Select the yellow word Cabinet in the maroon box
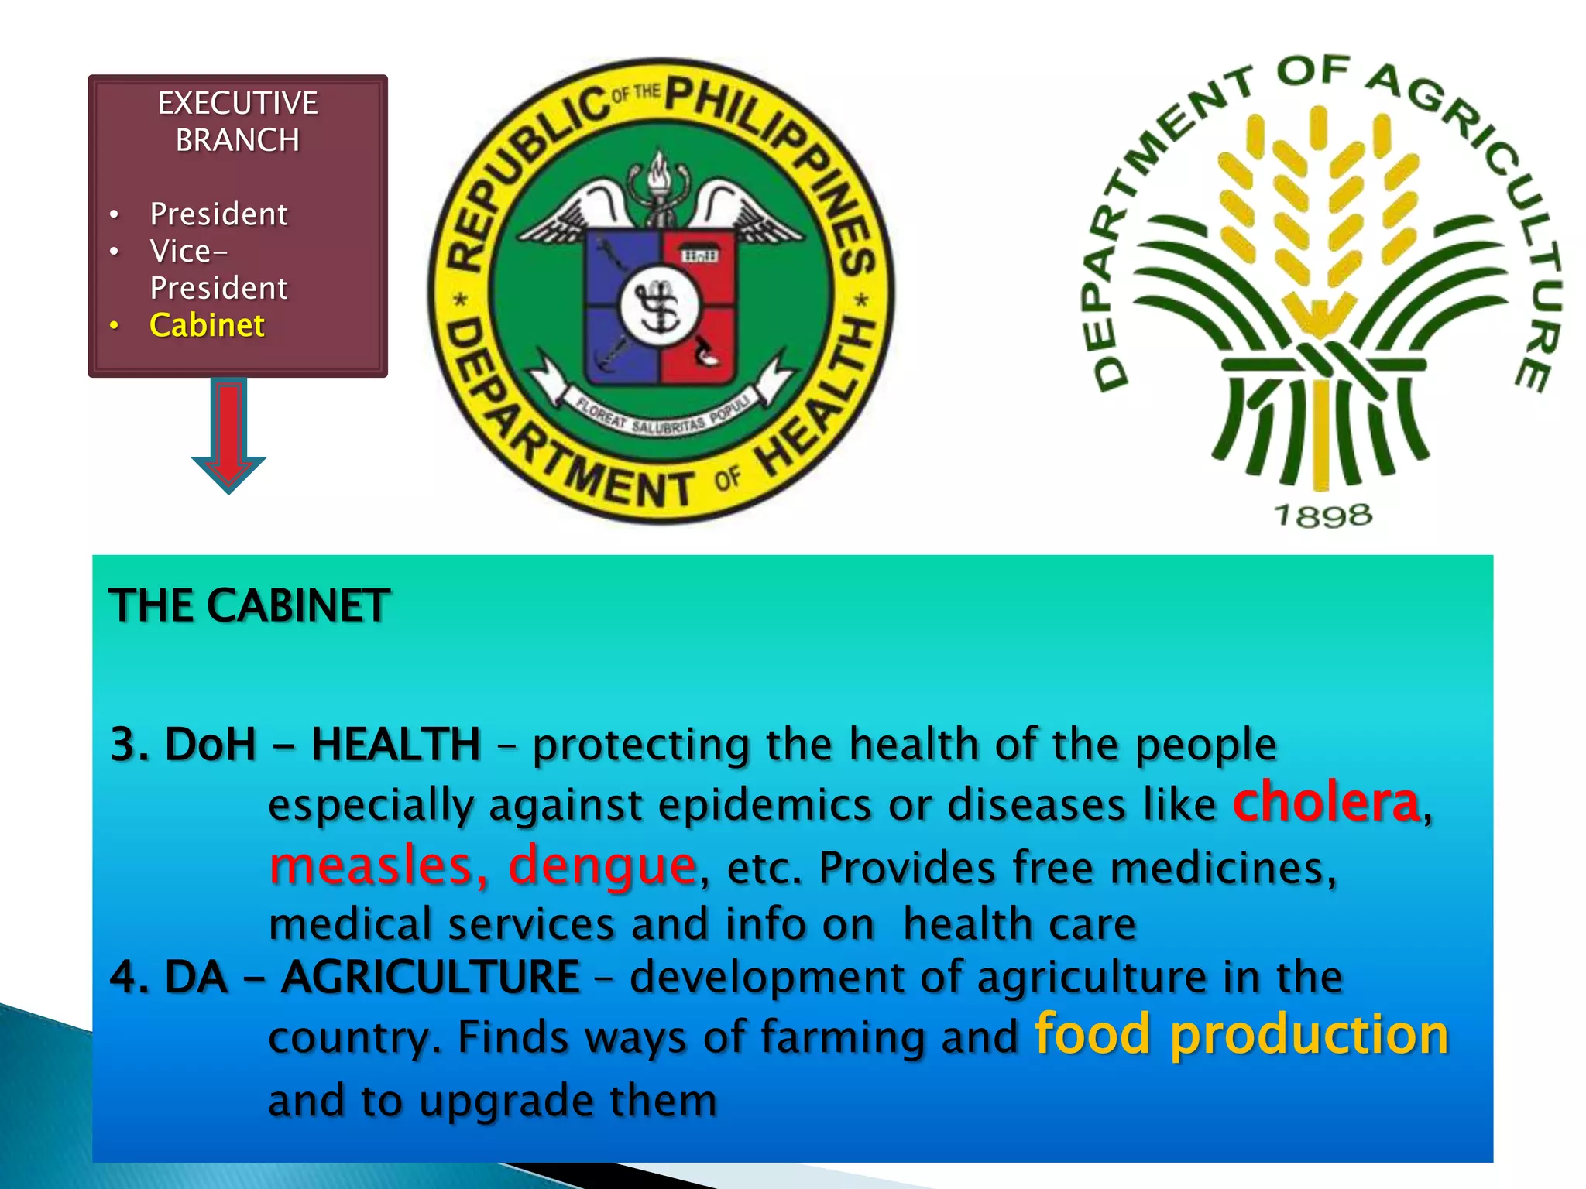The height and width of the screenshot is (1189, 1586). click(x=207, y=325)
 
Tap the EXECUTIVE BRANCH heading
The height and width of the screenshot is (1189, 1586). click(x=238, y=122)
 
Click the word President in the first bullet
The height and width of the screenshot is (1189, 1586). click(x=218, y=214)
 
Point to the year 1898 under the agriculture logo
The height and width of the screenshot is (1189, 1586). click(x=1323, y=516)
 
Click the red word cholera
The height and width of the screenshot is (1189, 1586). click(x=1326, y=802)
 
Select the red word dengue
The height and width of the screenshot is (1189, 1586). click(x=602, y=865)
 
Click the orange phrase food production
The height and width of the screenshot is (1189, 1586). click(x=1241, y=1035)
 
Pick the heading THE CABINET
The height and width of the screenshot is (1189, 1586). click(x=249, y=605)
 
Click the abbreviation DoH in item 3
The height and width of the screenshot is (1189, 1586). click(x=210, y=745)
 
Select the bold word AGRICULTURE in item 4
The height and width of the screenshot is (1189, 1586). click(x=431, y=977)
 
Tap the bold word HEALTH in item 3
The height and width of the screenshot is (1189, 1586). click(x=396, y=745)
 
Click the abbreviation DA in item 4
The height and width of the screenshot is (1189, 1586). click(x=196, y=977)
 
